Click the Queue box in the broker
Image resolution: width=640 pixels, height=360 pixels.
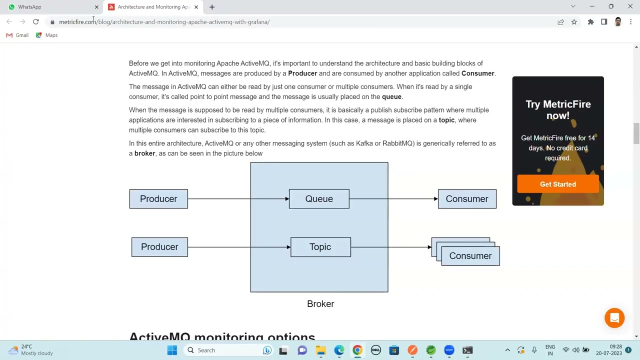point(319,199)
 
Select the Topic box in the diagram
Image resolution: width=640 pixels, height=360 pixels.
point(320,247)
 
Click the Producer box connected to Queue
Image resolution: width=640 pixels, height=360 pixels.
point(158,199)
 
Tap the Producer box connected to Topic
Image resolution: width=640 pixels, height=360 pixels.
point(159,247)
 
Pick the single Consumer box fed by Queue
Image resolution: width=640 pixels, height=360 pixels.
point(467,199)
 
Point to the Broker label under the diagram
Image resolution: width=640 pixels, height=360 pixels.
point(320,304)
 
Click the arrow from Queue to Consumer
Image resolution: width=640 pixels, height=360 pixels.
point(393,199)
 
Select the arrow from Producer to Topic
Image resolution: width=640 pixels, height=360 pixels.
point(239,247)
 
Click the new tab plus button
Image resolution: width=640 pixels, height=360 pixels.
point(212,7)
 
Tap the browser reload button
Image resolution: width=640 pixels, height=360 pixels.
point(36,22)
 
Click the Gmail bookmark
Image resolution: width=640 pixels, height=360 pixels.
point(17,35)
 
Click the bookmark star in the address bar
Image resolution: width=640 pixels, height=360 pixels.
point(574,22)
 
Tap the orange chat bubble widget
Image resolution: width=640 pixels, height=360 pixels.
point(614,318)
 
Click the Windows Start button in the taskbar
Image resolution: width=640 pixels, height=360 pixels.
point(172,350)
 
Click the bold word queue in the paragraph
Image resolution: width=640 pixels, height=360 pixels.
point(391,97)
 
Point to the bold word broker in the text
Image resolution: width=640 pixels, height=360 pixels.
point(144,153)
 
